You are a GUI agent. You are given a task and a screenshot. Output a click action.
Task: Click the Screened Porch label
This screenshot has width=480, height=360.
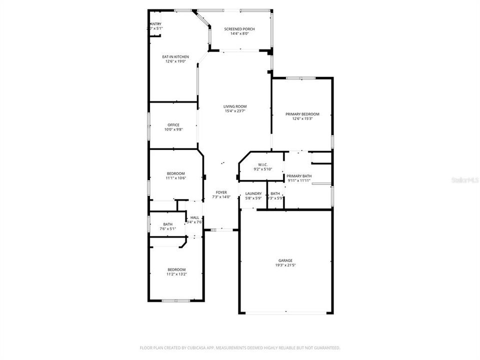pos(239,29)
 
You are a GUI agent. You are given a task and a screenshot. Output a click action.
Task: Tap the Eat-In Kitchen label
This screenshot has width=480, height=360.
pos(175,57)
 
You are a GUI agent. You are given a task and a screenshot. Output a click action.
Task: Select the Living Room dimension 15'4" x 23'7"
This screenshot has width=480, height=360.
pos(235,111)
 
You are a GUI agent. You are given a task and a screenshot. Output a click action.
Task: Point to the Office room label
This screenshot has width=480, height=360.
pos(173,125)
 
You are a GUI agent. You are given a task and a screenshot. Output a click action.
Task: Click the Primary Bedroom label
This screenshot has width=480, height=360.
pos(302,114)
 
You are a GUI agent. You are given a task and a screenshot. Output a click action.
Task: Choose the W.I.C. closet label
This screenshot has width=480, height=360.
pos(263,164)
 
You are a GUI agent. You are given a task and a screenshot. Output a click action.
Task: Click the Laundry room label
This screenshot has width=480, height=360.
pos(253,193)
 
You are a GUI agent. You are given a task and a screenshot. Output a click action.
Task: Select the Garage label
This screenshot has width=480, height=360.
pos(285,260)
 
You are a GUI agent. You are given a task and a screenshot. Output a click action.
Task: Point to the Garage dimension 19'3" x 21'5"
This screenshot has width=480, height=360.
pos(285,265)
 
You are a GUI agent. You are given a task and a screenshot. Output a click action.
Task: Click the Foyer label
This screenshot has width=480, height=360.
pos(221,192)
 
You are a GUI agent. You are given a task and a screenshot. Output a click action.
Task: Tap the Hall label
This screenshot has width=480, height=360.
pos(194,217)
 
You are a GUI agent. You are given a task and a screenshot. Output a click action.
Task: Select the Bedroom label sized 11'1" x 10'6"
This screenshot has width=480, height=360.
pos(176,173)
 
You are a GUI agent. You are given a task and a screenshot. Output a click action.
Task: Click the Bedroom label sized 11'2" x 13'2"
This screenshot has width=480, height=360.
pos(176,269)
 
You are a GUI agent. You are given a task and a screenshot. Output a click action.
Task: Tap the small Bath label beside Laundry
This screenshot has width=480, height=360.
pos(275,193)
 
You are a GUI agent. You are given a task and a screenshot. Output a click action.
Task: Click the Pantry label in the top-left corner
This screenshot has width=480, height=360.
pos(155,24)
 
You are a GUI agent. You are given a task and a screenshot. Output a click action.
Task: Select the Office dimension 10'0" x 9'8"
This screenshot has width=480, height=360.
pos(173,129)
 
